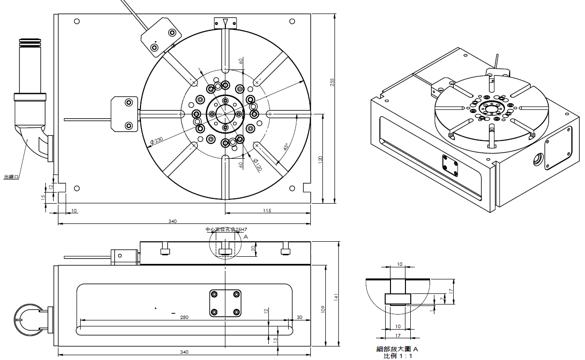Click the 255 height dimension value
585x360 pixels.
(x=332, y=83)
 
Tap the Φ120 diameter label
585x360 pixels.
(x=257, y=165)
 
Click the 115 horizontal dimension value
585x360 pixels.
(x=267, y=210)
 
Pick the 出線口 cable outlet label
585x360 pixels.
(x=11, y=177)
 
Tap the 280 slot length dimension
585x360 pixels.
(x=183, y=317)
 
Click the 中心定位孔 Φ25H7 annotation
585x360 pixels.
(x=223, y=230)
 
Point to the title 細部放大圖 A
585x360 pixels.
(x=397, y=349)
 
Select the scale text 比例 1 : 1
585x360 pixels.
(x=398, y=356)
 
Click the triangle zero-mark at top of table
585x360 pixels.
(x=225, y=22)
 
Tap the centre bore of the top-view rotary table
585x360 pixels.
(x=225, y=114)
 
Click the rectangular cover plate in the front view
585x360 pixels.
(x=225, y=303)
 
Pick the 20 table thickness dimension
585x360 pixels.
(x=254, y=248)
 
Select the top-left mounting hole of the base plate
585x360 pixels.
(x=77, y=21)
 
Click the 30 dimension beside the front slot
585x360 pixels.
(x=299, y=317)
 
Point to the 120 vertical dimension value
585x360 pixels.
(x=320, y=160)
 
